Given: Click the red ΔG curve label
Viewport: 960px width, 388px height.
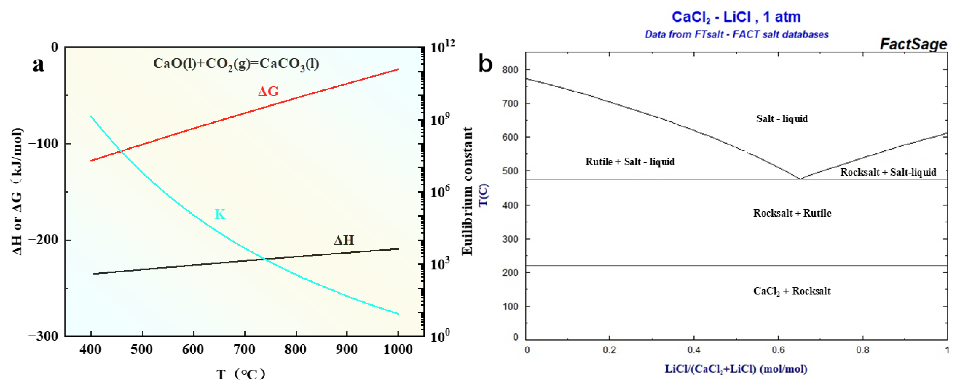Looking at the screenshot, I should coord(268,91).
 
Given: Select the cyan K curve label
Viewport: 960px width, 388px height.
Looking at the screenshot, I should coord(220,214).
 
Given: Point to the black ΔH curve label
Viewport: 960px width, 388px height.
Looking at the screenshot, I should coord(344,240).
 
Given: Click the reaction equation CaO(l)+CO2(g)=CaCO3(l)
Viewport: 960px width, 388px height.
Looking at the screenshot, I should coord(236,64).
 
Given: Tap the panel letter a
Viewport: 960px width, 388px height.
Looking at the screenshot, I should coord(38,64).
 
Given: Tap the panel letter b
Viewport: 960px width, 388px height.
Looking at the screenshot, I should coord(485,63).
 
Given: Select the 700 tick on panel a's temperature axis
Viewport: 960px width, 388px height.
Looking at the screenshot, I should coord(245,349).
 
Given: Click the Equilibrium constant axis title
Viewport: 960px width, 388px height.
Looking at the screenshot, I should coord(467,191).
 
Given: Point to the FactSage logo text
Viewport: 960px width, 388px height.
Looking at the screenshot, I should coord(913,44).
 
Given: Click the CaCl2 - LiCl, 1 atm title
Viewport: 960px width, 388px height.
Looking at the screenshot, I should coord(736,17).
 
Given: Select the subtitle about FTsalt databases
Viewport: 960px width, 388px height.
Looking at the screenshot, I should coord(736,35).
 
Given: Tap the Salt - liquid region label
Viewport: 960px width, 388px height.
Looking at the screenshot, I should coord(782,119).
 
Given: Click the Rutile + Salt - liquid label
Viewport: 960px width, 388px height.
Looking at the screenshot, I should coord(630,162).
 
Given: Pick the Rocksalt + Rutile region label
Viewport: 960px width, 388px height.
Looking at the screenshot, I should coord(792,213).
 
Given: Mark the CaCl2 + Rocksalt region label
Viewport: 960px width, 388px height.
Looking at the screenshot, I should coord(792,291).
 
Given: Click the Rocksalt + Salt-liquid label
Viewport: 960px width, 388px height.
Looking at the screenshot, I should coord(888,172).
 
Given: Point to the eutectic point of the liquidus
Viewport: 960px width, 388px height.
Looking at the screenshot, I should coord(800,179).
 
